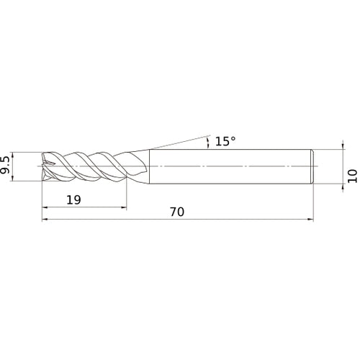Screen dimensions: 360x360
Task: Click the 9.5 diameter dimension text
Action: coord(6,165)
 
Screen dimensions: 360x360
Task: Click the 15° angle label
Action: coord(225,142)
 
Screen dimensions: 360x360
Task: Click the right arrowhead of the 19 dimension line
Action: coord(123,209)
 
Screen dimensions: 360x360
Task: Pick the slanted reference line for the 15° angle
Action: coord(176,142)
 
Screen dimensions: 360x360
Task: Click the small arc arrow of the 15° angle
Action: coord(208,142)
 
